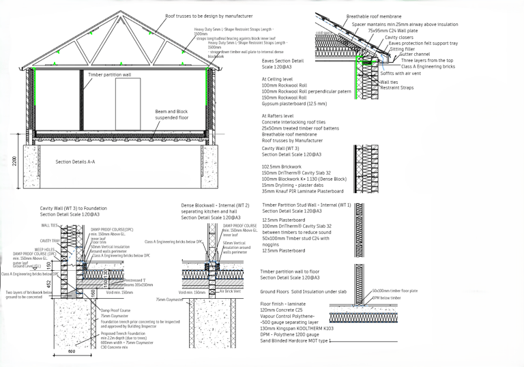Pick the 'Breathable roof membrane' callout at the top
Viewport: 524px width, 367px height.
click(374, 16)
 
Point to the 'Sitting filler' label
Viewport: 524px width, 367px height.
click(403, 48)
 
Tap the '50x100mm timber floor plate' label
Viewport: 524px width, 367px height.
click(396, 291)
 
